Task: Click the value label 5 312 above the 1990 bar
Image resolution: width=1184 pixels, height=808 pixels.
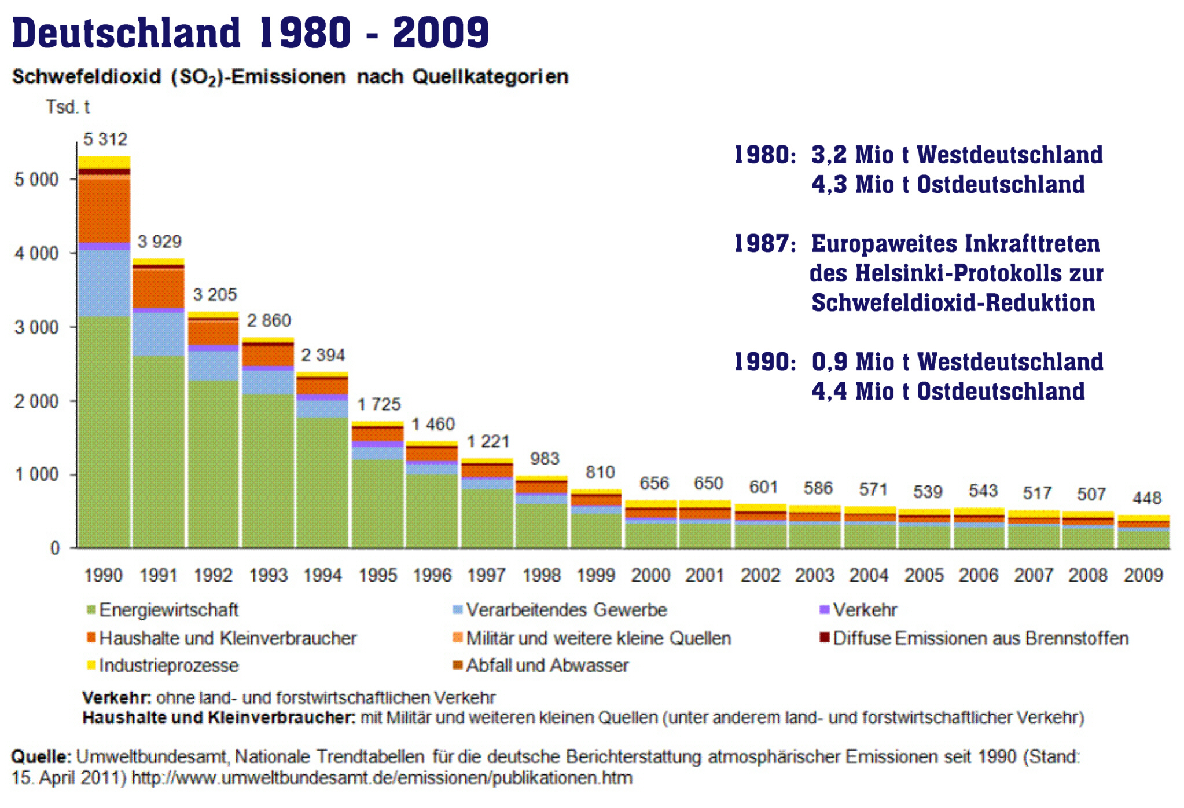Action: tap(105, 140)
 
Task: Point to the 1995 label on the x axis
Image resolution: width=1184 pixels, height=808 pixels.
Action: tap(377, 575)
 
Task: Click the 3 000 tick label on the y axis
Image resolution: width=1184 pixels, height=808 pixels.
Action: tap(36, 327)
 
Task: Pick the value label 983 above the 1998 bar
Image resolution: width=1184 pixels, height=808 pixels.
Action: tap(544, 459)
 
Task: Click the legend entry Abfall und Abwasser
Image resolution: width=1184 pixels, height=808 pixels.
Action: tap(547, 666)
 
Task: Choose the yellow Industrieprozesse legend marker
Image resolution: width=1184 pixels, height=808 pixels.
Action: tap(91, 666)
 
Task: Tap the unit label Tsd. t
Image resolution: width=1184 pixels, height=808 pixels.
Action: tap(68, 107)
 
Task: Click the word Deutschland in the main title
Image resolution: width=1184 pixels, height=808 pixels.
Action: tap(126, 33)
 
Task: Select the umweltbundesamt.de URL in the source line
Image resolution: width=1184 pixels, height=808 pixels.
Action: tap(382, 777)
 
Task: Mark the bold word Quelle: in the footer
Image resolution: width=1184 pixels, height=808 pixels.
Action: tap(41, 756)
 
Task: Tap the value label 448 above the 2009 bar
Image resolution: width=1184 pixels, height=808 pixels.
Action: tap(1146, 498)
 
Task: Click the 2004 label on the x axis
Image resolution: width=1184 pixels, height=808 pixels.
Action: tap(869, 575)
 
